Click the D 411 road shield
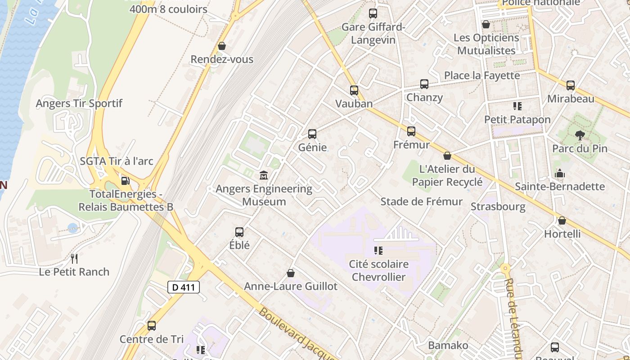point(184,287)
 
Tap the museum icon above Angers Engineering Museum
point(264,175)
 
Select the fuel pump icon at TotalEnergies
point(126,181)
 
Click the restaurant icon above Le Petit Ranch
point(74,258)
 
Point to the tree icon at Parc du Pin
point(580,135)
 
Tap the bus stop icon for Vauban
point(354,90)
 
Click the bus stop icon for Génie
point(312,134)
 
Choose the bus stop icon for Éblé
point(239,232)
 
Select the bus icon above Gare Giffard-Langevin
point(373,13)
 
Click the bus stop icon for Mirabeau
point(571,85)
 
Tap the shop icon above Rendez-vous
point(221,46)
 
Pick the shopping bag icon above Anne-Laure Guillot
point(291,273)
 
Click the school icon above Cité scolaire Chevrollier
point(378,250)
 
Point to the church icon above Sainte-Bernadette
point(560,173)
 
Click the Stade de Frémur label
point(422,202)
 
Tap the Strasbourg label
point(498,207)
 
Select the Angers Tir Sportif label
point(79,103)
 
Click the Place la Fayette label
point(482,75)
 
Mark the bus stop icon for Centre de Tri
point(152,325)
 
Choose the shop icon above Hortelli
point(562,220)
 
